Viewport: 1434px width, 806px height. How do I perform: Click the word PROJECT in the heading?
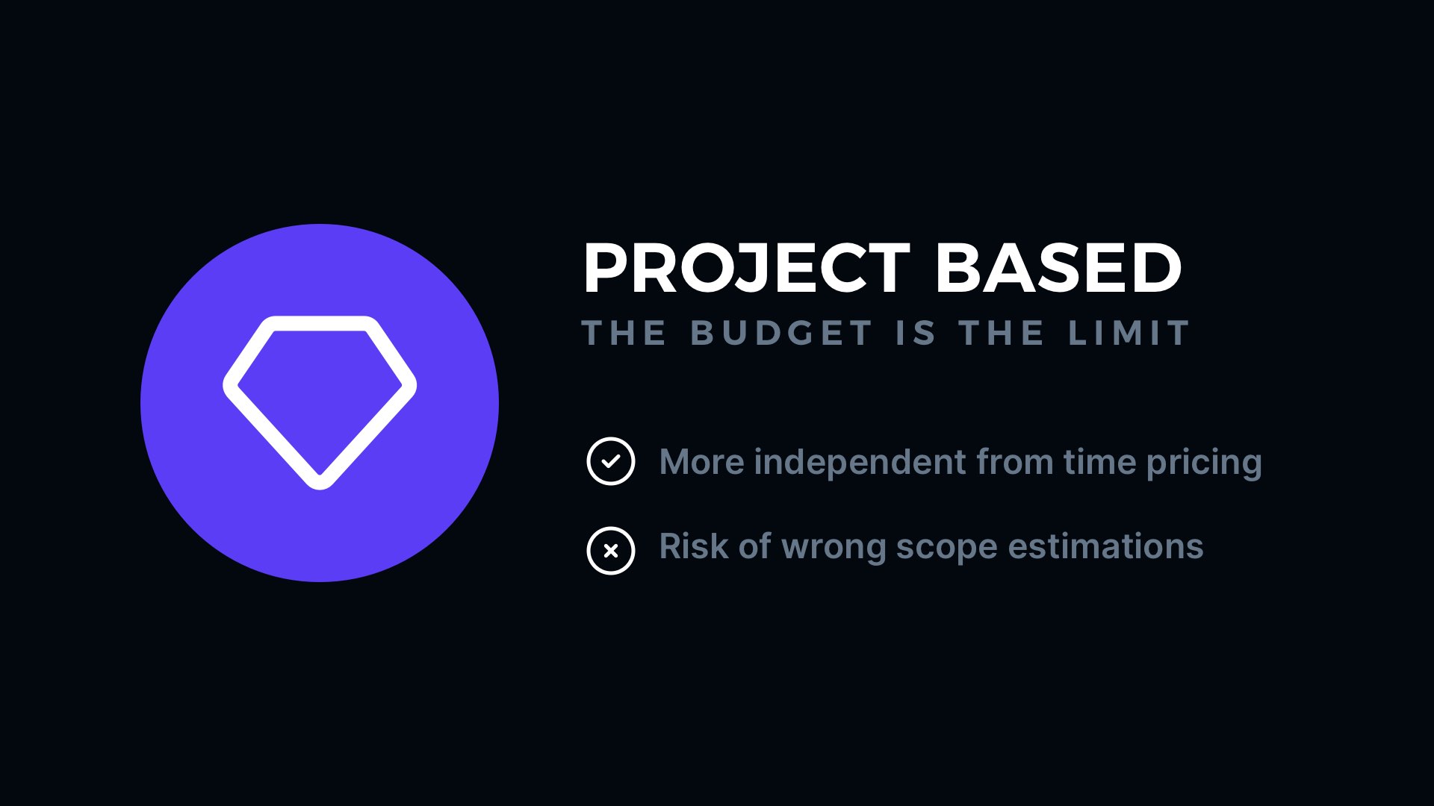[x=746, y=268]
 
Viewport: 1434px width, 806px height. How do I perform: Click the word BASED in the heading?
[x=1059, y=268]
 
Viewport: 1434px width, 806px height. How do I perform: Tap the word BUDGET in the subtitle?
[x=781, y=333]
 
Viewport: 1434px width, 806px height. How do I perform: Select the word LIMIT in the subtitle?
[x=1129, y=333]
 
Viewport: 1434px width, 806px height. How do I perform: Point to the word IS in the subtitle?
[x=915, y=333]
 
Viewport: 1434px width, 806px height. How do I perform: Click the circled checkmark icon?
[x=611, y=461]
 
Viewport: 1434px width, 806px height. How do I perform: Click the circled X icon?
[x=611, y=551]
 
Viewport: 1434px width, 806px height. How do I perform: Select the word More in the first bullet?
[x=702, y=462]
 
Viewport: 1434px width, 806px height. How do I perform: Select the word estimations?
[x=1105, y=546]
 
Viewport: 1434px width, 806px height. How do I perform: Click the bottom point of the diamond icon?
[x=320, y=485]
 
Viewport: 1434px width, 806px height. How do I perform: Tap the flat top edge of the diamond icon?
[x=320, y=323]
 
